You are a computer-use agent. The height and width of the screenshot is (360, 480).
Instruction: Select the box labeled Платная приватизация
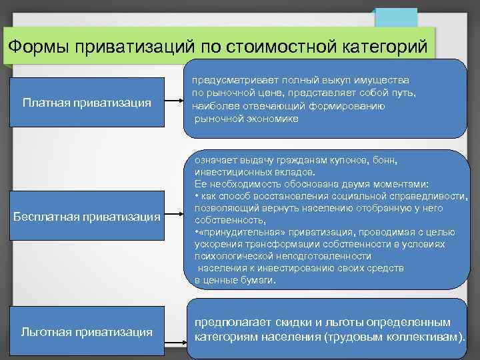point(87,103)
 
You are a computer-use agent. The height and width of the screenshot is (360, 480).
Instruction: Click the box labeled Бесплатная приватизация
point(87,217)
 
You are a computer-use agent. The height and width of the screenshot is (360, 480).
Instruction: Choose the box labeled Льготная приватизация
point(87,331)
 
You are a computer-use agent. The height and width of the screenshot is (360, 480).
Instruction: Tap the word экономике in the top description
point(271,118)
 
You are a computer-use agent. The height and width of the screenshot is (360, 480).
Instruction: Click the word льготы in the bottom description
point(345,323)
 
